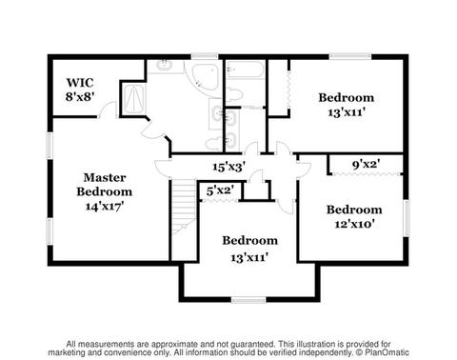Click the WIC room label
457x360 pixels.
coord(80,83)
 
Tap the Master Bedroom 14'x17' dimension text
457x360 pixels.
coord(105,207)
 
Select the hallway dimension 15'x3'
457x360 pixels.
coord(229,167)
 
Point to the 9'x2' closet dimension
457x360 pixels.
coord(367,164)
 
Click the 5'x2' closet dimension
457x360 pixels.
coord(220,190)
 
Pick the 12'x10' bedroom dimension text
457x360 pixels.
coord(354,225)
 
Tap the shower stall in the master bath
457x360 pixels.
coord(133,99)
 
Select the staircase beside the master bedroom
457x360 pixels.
coord(184,206)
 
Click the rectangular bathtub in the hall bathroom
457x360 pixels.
coord(245,70)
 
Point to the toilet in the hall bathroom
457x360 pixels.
coord(234,94)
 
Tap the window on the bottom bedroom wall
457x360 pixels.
coord(248,300)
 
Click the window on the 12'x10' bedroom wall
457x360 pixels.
coord(407,218)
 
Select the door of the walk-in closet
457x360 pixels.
coord(108,110)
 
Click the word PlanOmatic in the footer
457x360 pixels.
coord(387,352)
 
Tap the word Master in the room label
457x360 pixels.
coord(105,177)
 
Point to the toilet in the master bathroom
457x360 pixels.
coord(211,144)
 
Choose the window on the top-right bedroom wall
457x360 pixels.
coord(350,56)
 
